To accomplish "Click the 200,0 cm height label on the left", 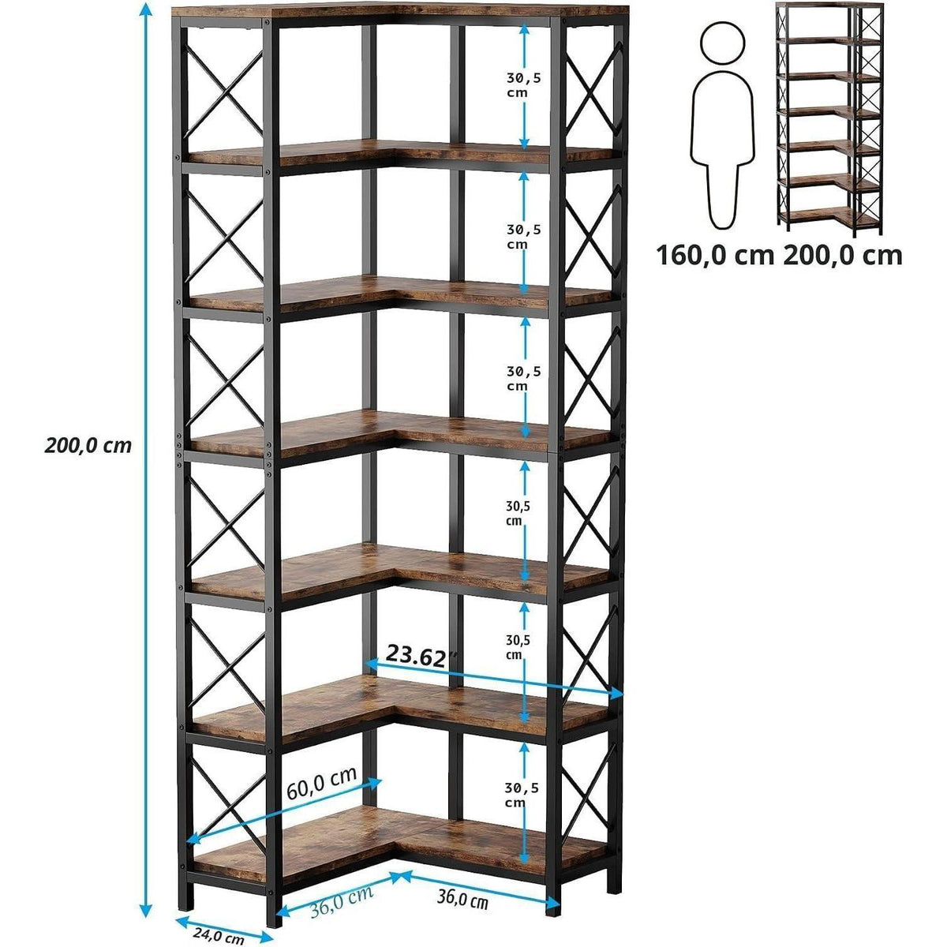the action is point(88,445).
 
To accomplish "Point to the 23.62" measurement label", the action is point(421,656).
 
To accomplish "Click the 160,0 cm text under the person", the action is point(715,256).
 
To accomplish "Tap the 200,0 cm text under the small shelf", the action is point(843,256).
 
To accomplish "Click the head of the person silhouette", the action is point(722,44).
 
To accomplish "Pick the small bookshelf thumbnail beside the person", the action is point(829,119).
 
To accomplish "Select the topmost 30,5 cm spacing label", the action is point(523,84).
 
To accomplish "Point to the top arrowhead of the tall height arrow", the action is point(144,9).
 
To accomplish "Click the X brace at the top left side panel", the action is point(224,93).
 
